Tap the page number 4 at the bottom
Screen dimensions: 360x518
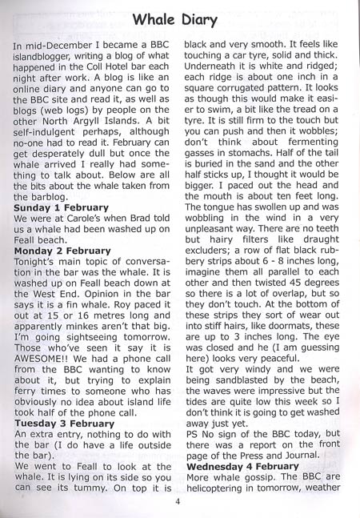coord(179,503)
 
